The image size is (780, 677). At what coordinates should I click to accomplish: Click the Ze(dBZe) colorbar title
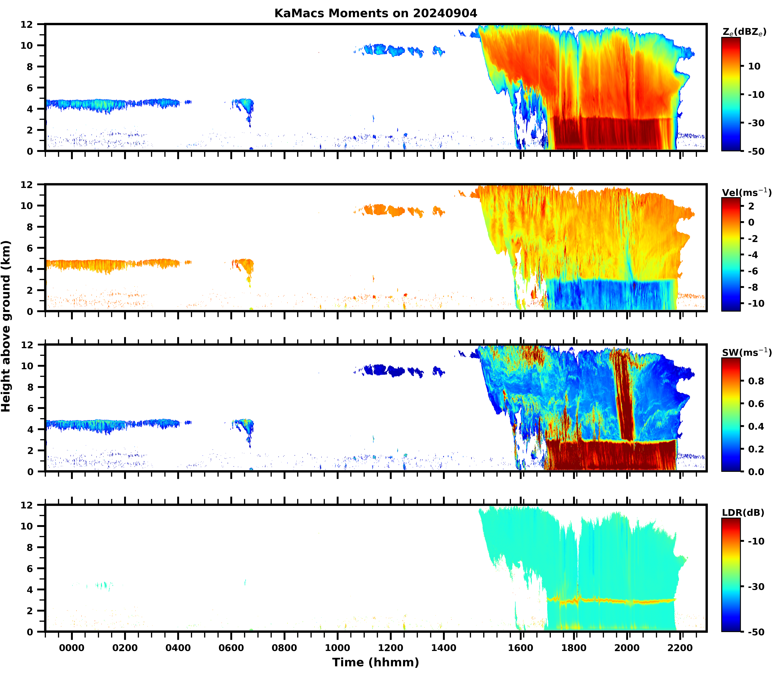tap(744, 32)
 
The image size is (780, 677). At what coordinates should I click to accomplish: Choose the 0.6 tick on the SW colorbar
tap(756, 404)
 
